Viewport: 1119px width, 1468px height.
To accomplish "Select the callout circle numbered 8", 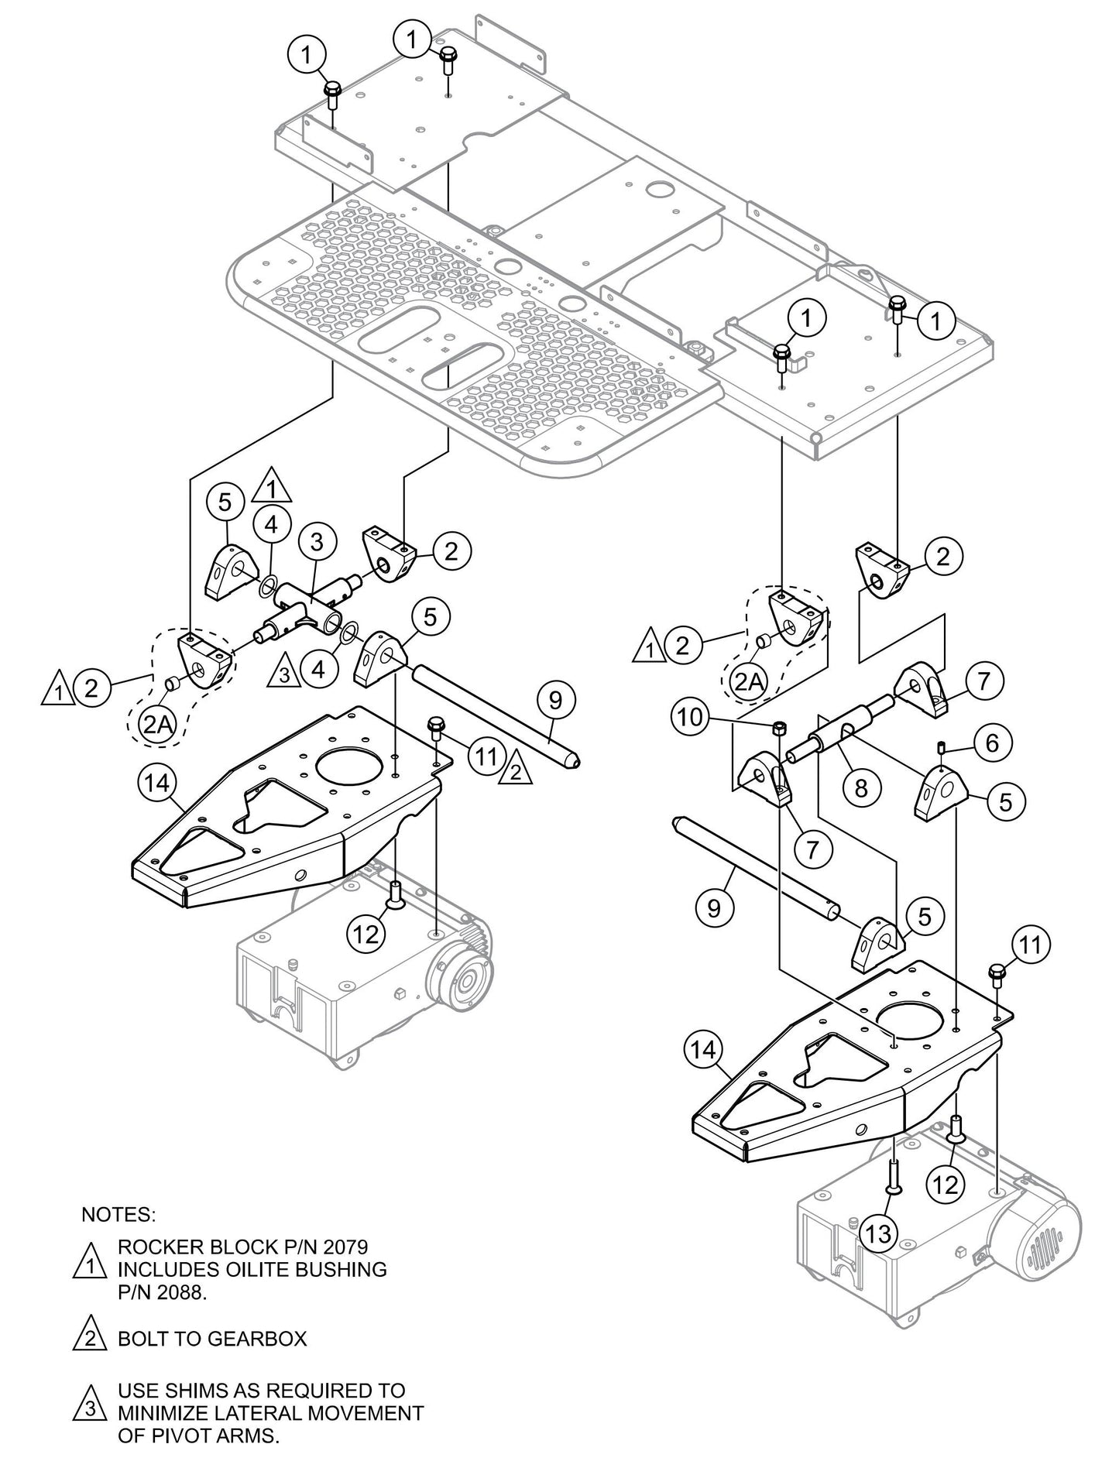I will coord(860,788).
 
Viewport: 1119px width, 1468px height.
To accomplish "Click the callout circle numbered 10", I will coord(692,717).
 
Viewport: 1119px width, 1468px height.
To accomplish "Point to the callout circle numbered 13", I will coord(879,1233).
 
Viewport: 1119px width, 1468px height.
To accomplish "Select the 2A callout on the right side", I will coord(747,681).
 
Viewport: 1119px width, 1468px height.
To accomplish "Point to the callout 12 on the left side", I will coord(366,934).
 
